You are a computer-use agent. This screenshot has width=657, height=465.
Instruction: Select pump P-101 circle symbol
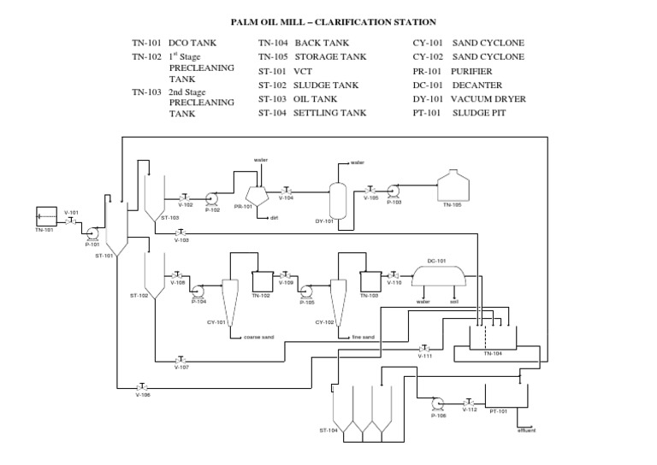tap(92, 233)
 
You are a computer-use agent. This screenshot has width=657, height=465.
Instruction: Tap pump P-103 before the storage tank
tap(393, 192)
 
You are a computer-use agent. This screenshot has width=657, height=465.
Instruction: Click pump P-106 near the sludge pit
tap(438, 403)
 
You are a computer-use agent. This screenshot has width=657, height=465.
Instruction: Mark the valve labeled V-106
tap(142, 386)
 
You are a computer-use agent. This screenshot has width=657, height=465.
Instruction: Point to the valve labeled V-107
tap(181, 358)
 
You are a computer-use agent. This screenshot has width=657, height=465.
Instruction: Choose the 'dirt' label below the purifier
tap(275, 218)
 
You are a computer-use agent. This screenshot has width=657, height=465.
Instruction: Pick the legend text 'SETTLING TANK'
tap(330, 113)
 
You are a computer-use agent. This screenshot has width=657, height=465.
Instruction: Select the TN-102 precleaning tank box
tap(261, 280)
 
